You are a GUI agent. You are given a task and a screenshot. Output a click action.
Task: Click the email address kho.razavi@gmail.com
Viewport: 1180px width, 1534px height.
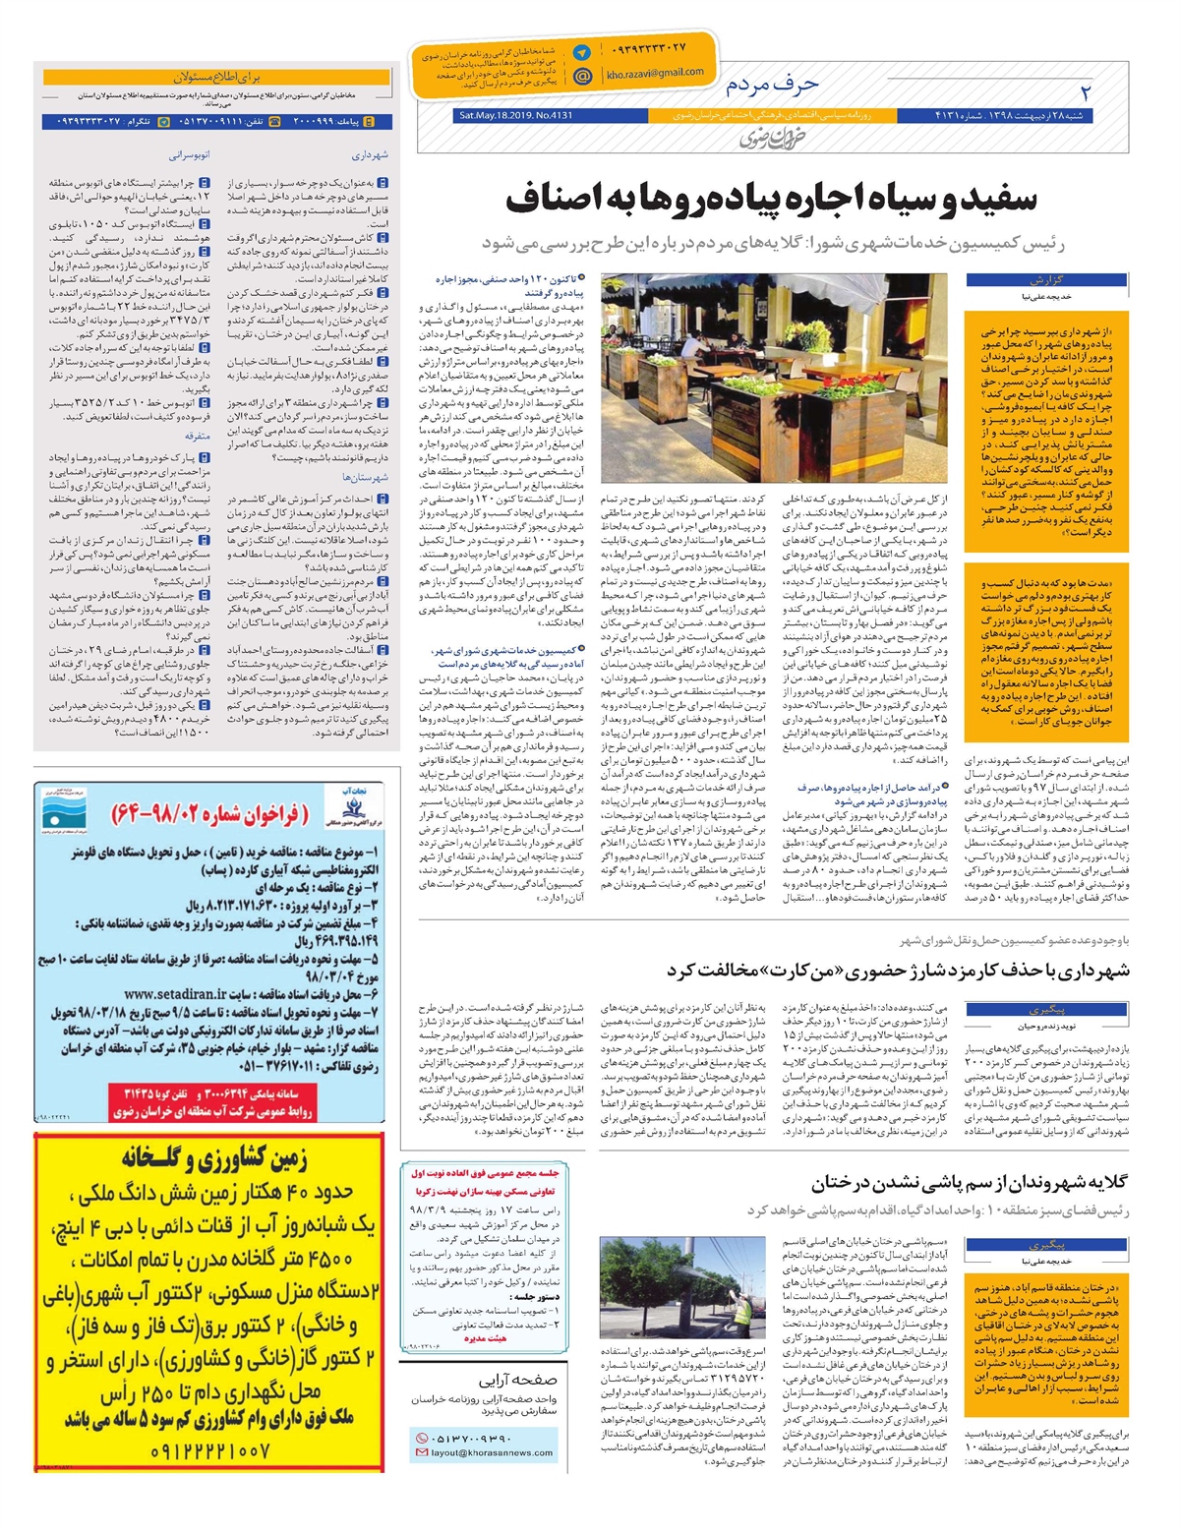[x=655, y=73]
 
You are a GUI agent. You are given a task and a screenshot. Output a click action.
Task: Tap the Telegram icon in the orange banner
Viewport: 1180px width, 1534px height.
[x=582, y=53]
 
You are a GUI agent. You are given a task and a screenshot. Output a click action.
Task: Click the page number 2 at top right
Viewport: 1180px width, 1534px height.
[x=1087, y=92]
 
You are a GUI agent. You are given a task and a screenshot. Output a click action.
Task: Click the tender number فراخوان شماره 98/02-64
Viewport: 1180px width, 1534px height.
[x=210, y=814]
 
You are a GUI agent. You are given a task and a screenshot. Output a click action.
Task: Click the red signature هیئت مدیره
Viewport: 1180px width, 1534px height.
[x=485, y=1337]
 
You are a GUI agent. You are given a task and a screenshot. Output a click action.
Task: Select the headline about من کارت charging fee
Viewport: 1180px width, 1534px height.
[x=898, y=971]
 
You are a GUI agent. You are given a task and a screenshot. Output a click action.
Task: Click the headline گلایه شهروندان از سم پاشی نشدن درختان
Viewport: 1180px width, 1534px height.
[x=969, y=1183]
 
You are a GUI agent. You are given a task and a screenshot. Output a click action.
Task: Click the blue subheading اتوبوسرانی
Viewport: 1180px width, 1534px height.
[x=190, y=155]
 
